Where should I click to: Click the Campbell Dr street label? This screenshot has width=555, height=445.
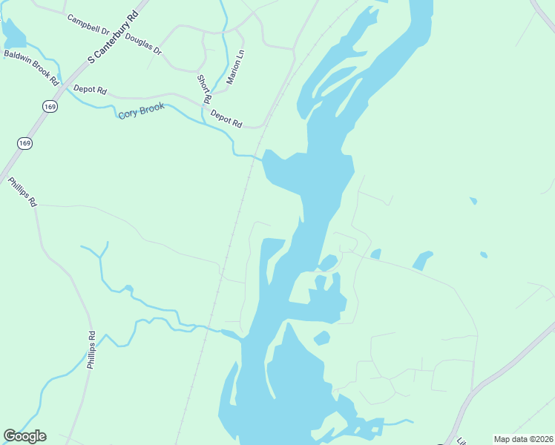tap(88, 25)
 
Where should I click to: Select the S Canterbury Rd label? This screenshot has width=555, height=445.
tap(113, 36)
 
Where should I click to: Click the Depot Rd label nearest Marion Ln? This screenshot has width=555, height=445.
tap(226, 118)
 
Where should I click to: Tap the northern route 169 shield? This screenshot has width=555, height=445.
tap(50, 107)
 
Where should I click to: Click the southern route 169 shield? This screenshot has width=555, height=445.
tap(24, 143)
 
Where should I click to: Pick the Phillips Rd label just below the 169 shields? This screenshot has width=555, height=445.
tap(22, 191)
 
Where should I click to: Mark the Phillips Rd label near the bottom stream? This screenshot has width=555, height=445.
tap(91, 350)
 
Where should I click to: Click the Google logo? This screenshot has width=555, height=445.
tap(24, 436)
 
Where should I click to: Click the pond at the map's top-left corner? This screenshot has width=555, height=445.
tap(13, 32)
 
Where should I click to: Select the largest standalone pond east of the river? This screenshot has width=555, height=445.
tap(422, 260)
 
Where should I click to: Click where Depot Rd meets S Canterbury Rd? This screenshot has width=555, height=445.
tap(62, 88)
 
